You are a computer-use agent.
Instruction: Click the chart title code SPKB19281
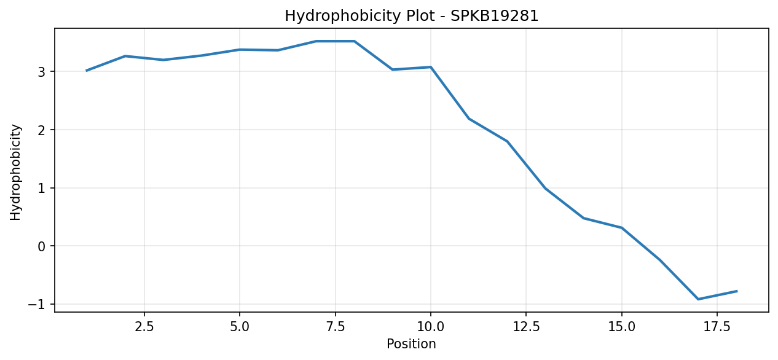(494, 16)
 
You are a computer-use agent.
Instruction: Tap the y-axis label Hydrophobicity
(15, 172)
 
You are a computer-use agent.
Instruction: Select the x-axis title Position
(411, 344)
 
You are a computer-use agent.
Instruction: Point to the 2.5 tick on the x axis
(144, 327)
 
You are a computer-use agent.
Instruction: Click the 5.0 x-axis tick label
(240, 327)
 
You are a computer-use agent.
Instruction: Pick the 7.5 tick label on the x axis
(335, 327)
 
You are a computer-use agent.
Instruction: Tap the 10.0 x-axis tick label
(431, 327)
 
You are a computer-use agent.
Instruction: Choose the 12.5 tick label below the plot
(526, 327)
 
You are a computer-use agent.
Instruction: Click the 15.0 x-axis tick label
(622, 327)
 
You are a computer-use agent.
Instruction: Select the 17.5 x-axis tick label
(717, 327)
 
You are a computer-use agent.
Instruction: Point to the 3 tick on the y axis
(42, 72)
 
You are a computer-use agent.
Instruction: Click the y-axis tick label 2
(42, 130)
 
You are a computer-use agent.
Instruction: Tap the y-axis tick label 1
(42, 188)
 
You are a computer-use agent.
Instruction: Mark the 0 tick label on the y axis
(42, 246)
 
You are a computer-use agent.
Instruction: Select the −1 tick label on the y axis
(37, 305)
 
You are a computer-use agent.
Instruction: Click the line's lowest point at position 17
(698, 299)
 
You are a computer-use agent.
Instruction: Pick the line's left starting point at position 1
(87, 71)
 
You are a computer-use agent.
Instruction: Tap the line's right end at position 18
(737, 291)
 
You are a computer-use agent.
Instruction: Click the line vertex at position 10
(431, 67)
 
